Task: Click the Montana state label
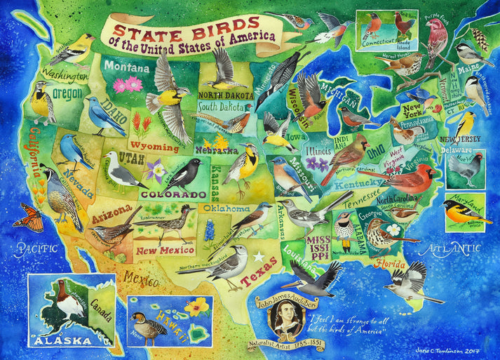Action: [x=127, y=69]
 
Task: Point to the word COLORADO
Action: [x=168, y=194]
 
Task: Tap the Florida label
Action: [x=392, y=265]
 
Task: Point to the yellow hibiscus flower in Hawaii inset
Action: [x=198, y=306]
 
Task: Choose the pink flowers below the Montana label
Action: [x=128, y=86]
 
